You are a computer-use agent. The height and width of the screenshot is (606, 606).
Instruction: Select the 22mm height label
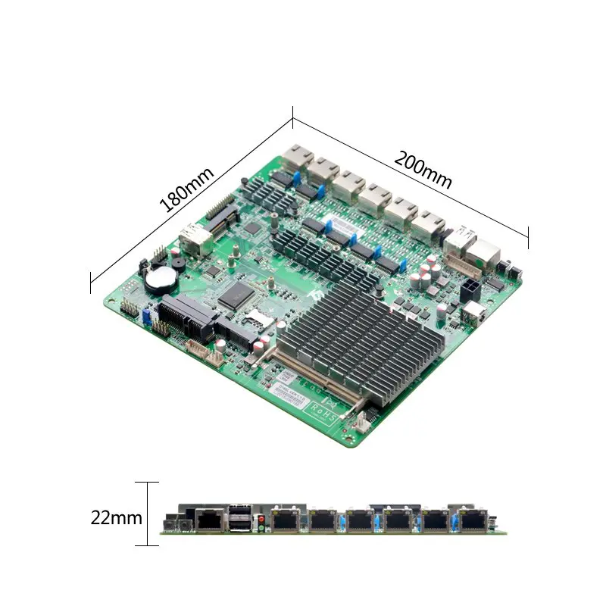[x=116, y=518]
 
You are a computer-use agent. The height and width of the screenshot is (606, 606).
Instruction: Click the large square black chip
[x=236, y=295]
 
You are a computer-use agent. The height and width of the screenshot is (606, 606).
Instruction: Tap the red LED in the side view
[x=261, y=518]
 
